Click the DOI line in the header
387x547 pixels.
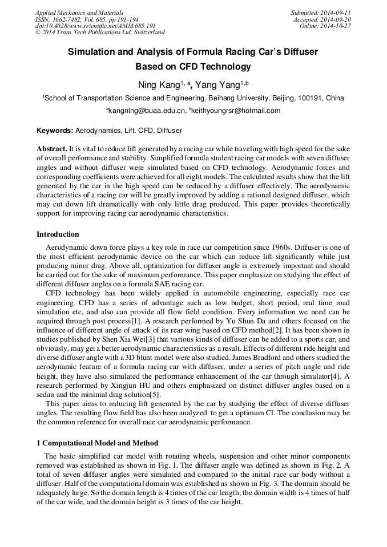[x=95, y=26]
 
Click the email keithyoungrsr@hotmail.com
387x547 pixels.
[x=236, y=111]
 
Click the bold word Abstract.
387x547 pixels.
[x=52, y=148]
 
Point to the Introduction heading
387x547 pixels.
[x=58, y=234]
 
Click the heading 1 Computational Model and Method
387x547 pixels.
[x=98, y=443]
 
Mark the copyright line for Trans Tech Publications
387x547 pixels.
[x=100, y=33]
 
